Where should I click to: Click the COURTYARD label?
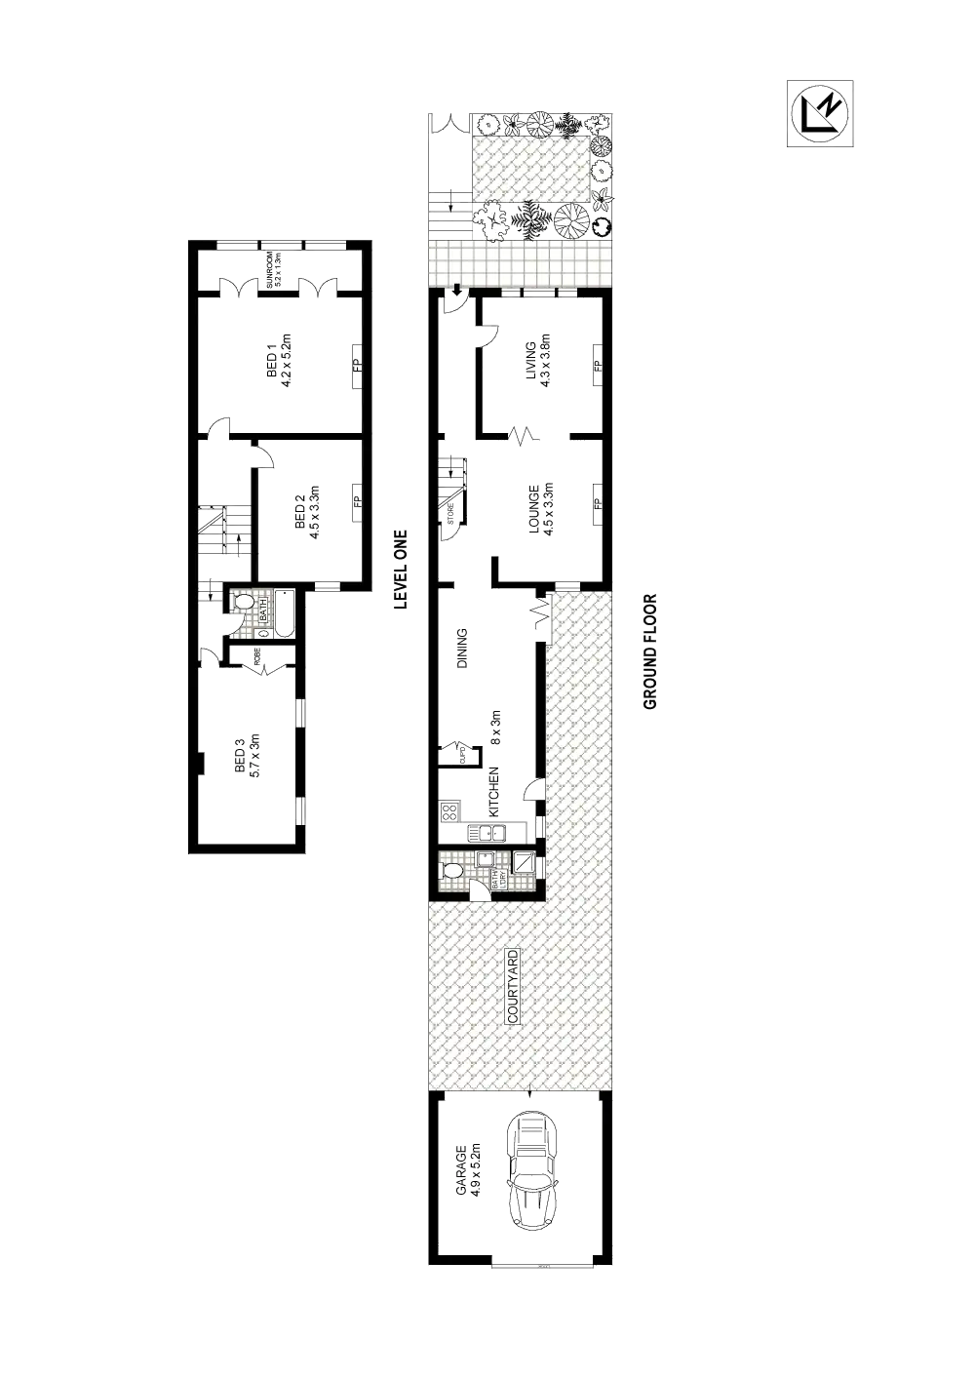(x=513, y=985)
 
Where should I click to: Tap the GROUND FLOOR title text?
(x=651, y=651)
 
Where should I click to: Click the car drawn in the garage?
(x=532, y=1170)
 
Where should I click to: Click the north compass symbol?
(x=819, y=113)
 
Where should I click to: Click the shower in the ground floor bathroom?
(x=524, y=864)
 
